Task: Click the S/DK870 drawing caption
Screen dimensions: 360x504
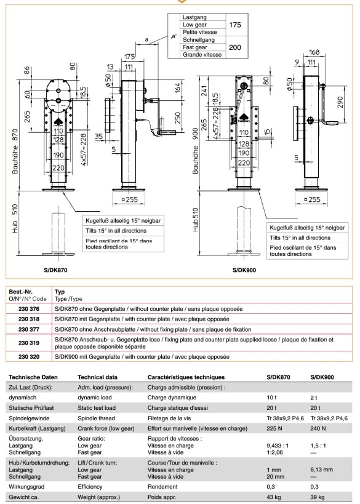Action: [x=55, y=270]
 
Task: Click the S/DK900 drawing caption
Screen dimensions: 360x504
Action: [x=244, y=270]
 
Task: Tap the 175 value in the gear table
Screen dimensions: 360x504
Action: [x=235, y=25]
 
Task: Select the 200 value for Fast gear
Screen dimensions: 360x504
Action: [x=235, y=47]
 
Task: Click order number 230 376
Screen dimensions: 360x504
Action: [x=29, y=309]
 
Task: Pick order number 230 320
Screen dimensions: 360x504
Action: [x=29, y=357]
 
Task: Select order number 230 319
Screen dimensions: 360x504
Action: [x=29, y=343]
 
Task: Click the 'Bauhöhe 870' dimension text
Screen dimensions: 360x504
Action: [x=15, y=151]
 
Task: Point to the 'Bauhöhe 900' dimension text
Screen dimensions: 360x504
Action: [x=196, y=151]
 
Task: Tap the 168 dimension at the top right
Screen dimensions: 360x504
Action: [x=314, y=52]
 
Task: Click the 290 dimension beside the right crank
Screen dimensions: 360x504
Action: [x=341, y=102]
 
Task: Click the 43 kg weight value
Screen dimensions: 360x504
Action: [x=273, y=497]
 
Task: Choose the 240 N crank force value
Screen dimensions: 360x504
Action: [x=318, y=428]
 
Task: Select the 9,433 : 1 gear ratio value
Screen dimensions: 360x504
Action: [x=278, y=446]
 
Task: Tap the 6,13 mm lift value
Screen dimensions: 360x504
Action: [x=322, y=470]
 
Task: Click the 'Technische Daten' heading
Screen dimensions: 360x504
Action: [x=33, y=377]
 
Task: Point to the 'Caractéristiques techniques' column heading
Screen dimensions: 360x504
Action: [x=186, y=377]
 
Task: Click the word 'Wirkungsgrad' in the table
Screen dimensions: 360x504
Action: [x=26, y=487]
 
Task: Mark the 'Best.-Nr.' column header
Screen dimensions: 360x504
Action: [x=20, y=292]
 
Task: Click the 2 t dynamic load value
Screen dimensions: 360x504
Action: [x=314, y=398]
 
